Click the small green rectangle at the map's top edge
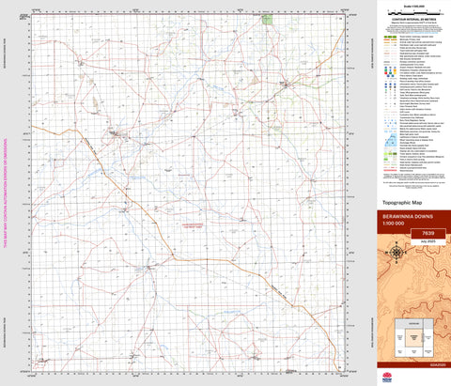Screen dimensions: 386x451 (x=268, y=19)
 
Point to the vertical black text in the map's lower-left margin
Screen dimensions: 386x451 (x=18, y=305)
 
